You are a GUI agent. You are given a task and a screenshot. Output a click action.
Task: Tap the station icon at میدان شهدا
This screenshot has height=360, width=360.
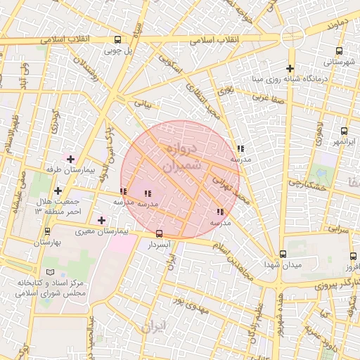283,254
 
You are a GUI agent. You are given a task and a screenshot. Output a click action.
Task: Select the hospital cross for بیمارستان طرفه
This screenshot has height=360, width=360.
70,159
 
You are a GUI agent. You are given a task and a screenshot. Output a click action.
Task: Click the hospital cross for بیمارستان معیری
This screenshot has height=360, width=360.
102,220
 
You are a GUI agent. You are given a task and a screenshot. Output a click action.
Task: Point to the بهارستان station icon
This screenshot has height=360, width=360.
47,231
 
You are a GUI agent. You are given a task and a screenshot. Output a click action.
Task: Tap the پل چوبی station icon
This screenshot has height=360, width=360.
117,40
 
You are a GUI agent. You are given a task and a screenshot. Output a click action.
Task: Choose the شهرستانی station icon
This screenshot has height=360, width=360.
340,51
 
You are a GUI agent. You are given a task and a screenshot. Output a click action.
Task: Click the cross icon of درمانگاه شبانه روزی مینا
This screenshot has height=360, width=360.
290,68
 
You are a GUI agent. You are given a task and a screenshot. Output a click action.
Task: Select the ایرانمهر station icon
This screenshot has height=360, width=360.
344,131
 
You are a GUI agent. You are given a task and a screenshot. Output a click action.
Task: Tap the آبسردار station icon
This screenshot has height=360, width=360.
159,233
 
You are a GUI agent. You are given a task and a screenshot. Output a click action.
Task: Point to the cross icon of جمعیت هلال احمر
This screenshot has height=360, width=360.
57,190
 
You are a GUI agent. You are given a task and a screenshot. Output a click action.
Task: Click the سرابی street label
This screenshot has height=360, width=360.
339,229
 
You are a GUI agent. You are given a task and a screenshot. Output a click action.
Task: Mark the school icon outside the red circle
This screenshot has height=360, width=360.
241,148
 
